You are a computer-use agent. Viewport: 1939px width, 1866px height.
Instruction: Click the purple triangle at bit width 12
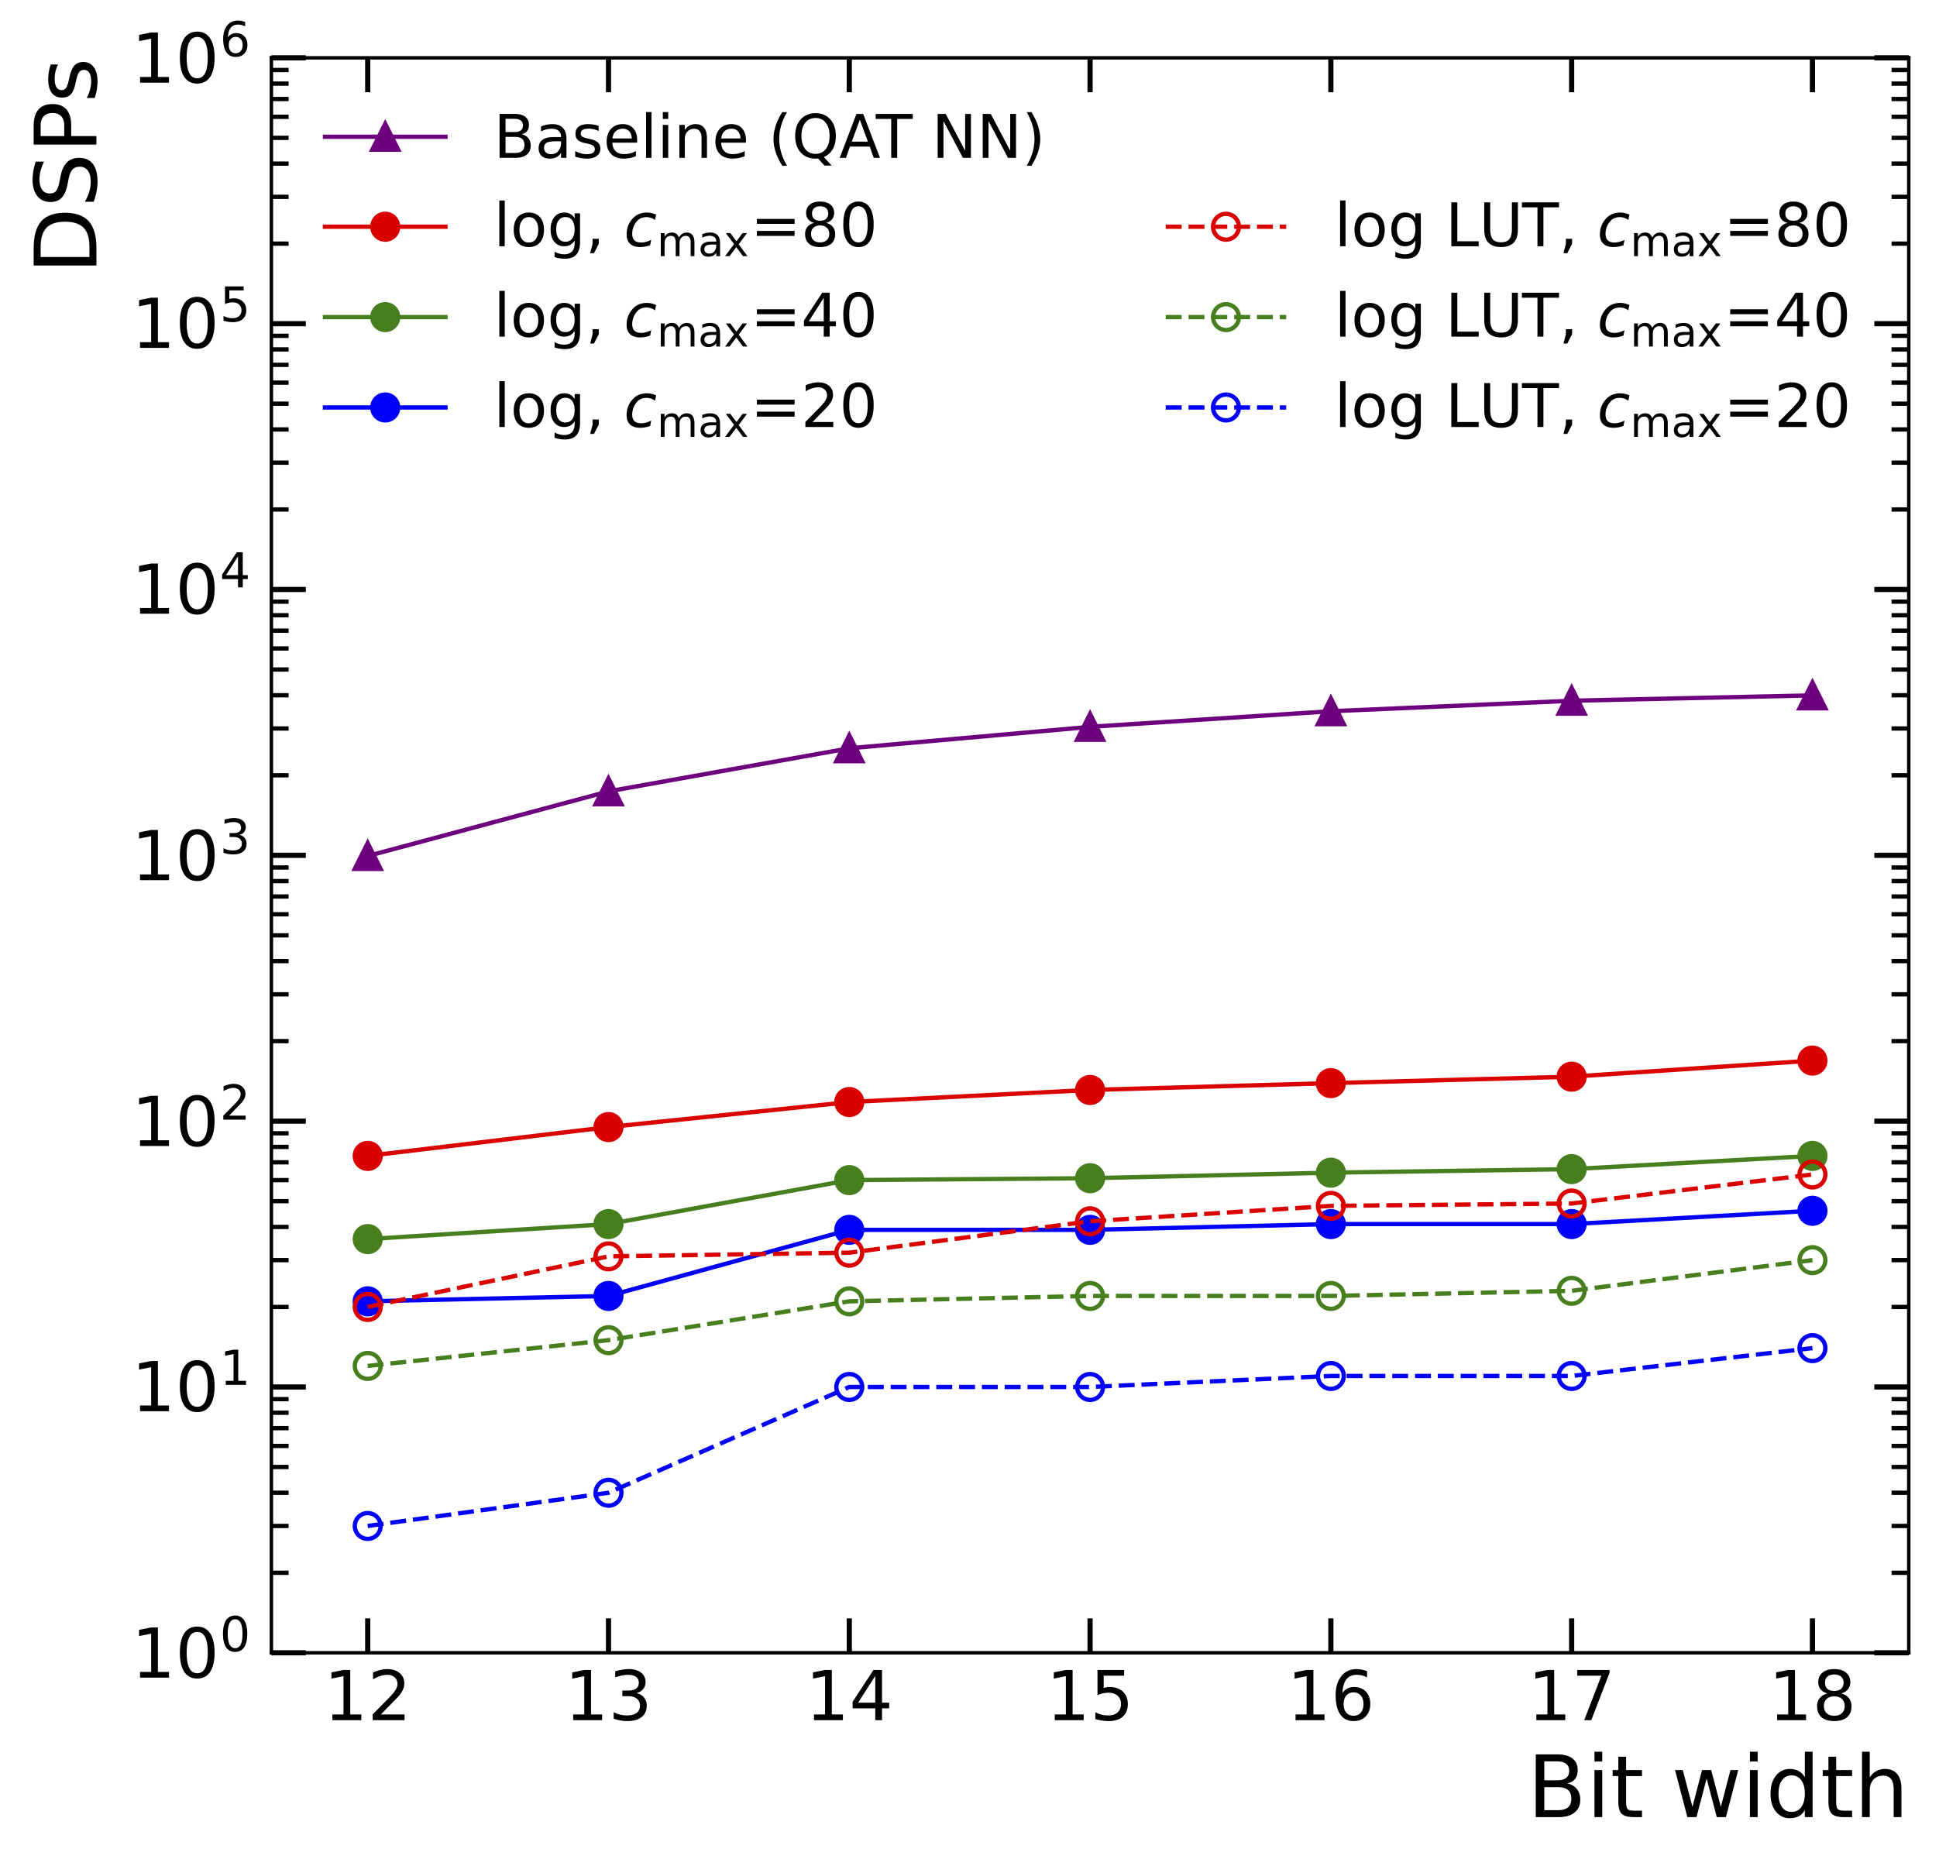click(x=367, y=857)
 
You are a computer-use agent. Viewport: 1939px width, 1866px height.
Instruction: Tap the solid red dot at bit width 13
click(x=608, y=1127)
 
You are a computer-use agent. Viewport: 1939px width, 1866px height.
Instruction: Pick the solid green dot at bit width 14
click(x=849, y=1180)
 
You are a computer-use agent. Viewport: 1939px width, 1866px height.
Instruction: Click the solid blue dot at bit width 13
click(x=608, y=1296)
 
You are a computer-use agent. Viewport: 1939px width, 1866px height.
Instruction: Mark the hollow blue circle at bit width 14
click(x=849, y=1387)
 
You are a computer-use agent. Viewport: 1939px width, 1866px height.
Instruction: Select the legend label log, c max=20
click(x=685, y=407)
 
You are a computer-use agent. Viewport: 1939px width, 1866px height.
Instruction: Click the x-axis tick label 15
click(x=1089, y=1698)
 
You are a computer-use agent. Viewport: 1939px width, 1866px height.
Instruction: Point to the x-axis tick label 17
click(x=1571, y=1698)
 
